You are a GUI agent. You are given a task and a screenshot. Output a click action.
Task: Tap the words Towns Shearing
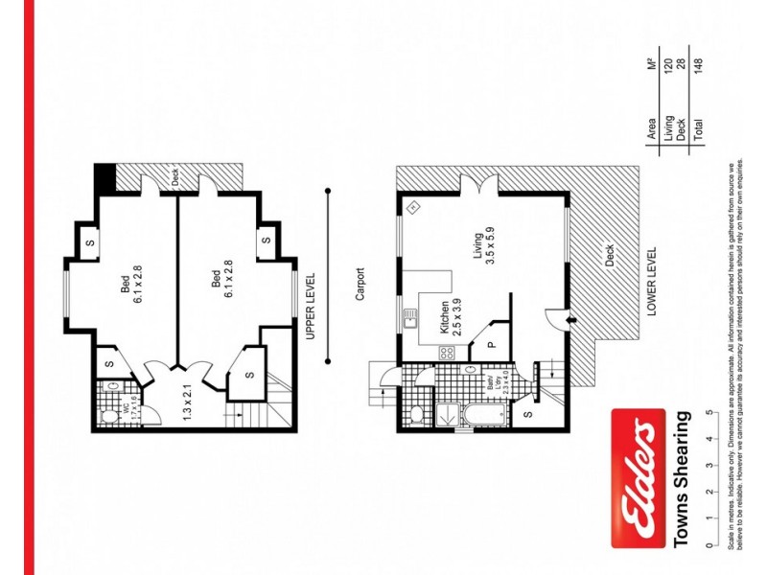coord(682,479)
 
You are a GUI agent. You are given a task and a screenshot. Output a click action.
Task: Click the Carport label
coord(361,284)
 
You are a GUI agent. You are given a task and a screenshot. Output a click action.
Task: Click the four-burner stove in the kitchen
coord(446,353)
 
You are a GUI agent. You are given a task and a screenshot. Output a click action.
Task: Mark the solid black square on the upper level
coord(105,178)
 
